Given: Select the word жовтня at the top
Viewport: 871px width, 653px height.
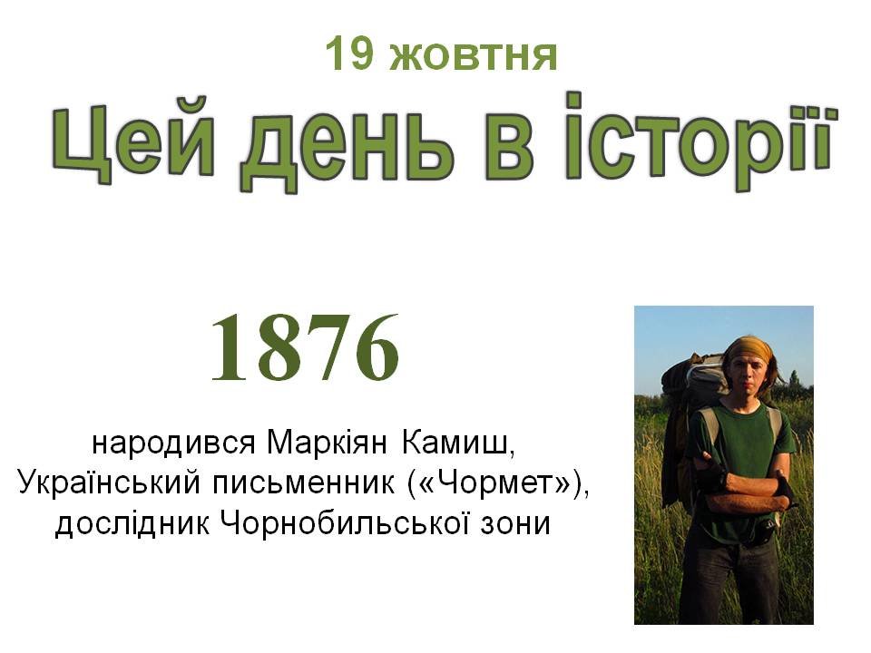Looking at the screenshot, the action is (473, 55).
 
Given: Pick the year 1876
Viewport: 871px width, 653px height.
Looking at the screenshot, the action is (305, 347).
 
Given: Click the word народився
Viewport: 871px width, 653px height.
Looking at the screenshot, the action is (173, 444).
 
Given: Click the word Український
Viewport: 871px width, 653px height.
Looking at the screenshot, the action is (109, 482).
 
